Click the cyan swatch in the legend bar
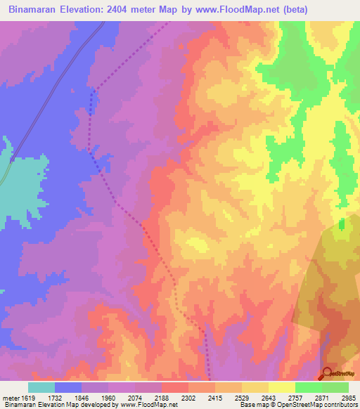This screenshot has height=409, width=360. point(41,387)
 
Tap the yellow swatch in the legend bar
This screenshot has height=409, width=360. point(282,387)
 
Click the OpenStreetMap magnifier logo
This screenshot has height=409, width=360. point(327,373)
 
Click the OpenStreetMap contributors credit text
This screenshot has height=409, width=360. point(319,405)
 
